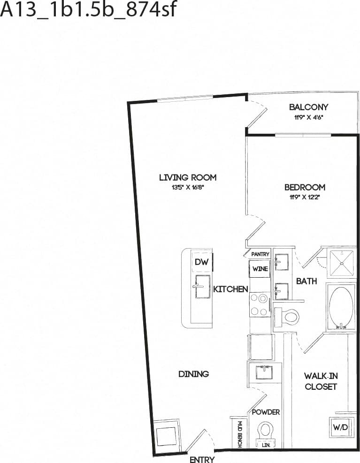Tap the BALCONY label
coord(308,107)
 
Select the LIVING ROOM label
coord(187,177)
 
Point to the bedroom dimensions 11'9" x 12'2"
coord(305,197)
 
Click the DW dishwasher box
coord(201,262)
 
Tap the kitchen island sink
coord(202,286)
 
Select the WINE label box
coord(260,269)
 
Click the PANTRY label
coord(260,254)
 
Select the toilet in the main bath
coord(287,317)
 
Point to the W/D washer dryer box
coord(340,427)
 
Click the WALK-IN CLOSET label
coord(321,381)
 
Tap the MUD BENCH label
coord(239,433)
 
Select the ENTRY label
coord(202,459)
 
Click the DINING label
coord(193,374)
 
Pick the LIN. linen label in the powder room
coord(266,445)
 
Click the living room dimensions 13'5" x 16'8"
coord(187,187)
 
